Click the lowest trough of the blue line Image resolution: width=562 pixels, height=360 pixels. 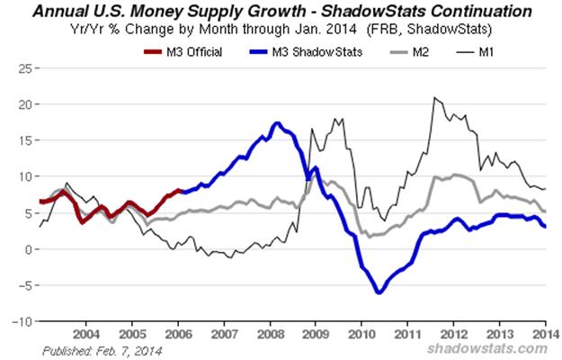(x=379, y=292)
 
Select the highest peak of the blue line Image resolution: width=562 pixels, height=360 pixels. (x=278, y=123)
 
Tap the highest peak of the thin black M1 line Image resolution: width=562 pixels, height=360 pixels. (x=434, y=97)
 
